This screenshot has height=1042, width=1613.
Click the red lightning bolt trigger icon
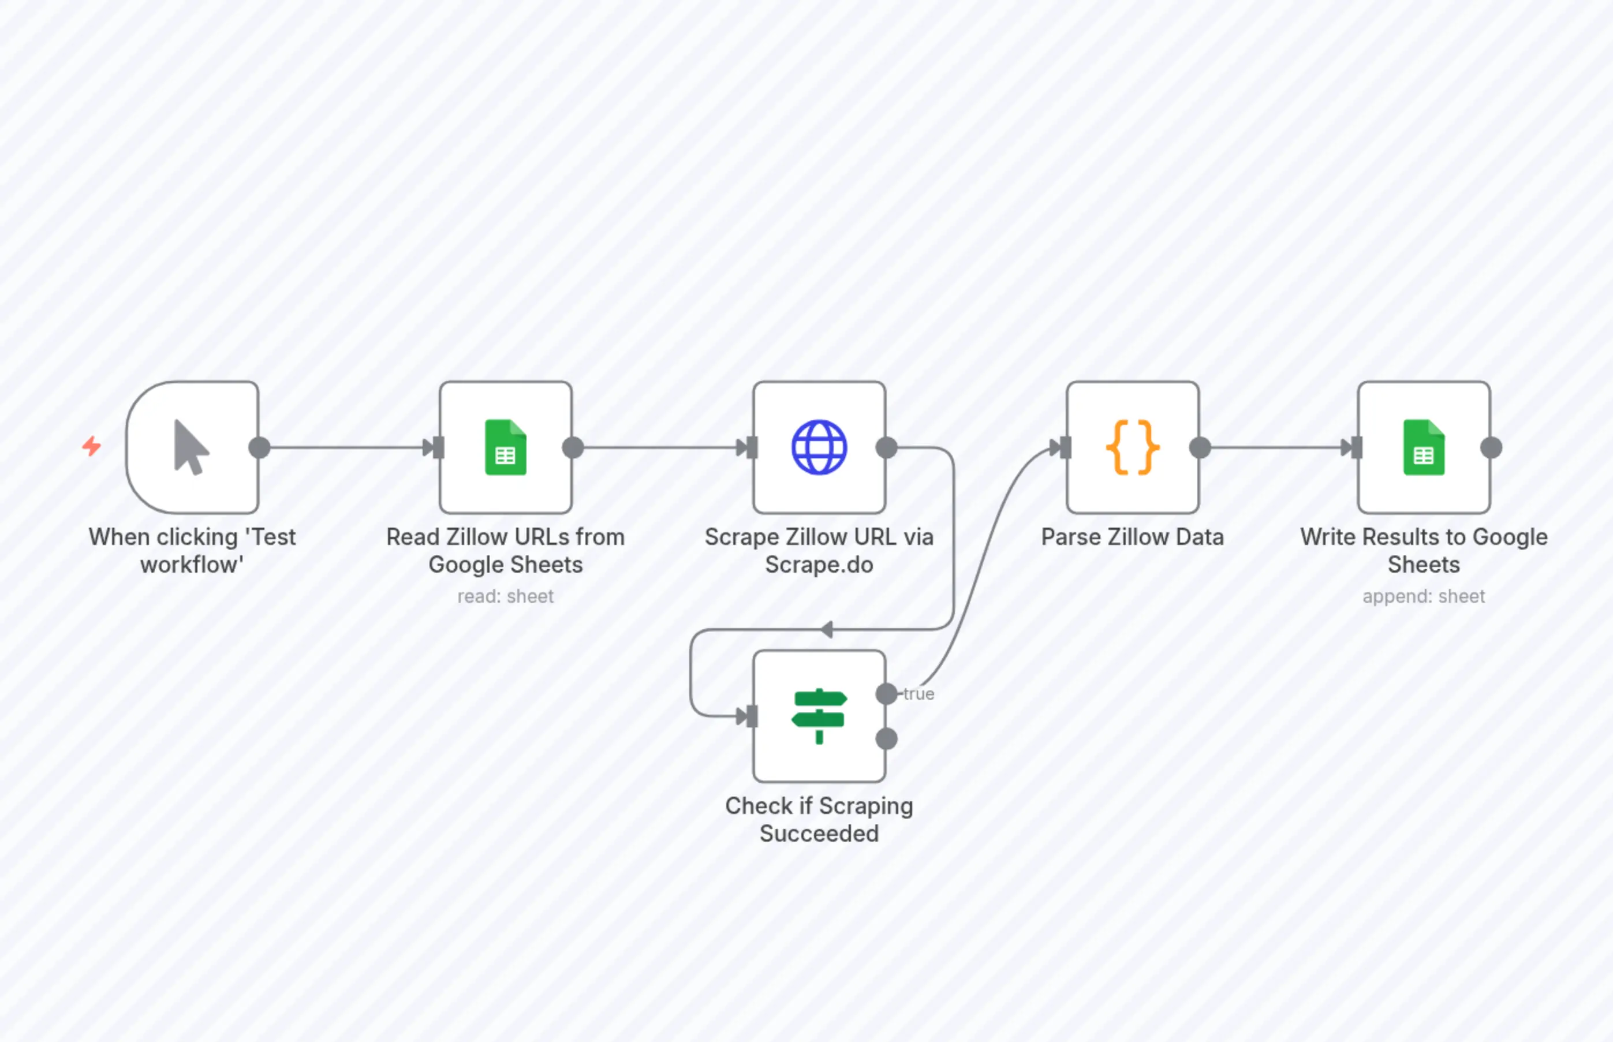pyautogui.click(x=92, y=447)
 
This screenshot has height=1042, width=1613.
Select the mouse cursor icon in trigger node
pyautogui.click(x=191, y=447)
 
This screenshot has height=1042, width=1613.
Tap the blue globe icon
pyautogui.click(x=819, y=447)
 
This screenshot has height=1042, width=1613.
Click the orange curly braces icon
pyautogui.click(x=1132, y=447)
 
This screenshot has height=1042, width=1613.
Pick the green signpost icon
pyautogui.click(x=819, y=716)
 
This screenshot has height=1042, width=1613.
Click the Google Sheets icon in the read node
pyautogui.click(x=505, y=447)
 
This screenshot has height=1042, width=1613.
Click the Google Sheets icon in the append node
pyautogui.click(x=1424, y=447)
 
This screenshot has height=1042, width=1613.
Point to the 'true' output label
pyautogui.click(x=919, y=694)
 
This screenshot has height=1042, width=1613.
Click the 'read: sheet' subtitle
pyautogui.click(x=505, y=596)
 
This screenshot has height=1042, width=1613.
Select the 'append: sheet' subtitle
pyautogui.click(x=1424, y=596)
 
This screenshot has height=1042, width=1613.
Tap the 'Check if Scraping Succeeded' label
pyautogui.click(x=819, y=819)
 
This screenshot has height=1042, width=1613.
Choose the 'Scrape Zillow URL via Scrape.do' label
pyautogui.click(x=819, y=551)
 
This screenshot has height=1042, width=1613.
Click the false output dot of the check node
pyautogui.click(x=886, y=739)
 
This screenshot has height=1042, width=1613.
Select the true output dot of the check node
pyautogui.click(x=886, y=693)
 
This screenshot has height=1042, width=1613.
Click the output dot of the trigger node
pyautogui.click(x=259, y=447)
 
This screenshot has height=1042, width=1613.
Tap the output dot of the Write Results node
pyautogui.click(x=1491, y=447)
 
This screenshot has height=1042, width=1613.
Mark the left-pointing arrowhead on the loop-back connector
pyautogui.click(x=826, y=630)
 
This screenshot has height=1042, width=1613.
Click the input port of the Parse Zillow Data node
pyautogui.click(x=1065, y=447)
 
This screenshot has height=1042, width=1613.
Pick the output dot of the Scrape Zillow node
pyautogui.click(x=886, y=447)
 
